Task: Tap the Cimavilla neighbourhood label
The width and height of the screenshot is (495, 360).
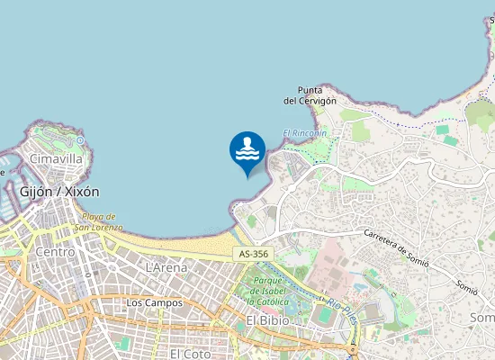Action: click(56, 158)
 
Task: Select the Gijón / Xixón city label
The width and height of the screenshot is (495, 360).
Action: click(60, 192)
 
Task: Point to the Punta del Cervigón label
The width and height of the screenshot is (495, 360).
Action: click(310, 95)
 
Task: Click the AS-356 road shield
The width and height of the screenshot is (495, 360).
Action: click(254, 255)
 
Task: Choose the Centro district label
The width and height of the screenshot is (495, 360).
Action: click(55, 252)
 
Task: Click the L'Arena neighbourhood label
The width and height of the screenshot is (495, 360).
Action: click(166, 267)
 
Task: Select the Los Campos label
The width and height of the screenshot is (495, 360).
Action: click(154, 303)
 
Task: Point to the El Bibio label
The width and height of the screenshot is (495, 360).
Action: click(266, 320)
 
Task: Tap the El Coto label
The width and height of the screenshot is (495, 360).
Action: click(190, 354)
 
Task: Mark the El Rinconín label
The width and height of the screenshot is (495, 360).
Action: click(304, 133)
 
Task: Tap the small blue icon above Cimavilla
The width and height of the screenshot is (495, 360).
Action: click(80, 140)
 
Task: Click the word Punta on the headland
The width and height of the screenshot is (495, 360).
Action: click(310, 90)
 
